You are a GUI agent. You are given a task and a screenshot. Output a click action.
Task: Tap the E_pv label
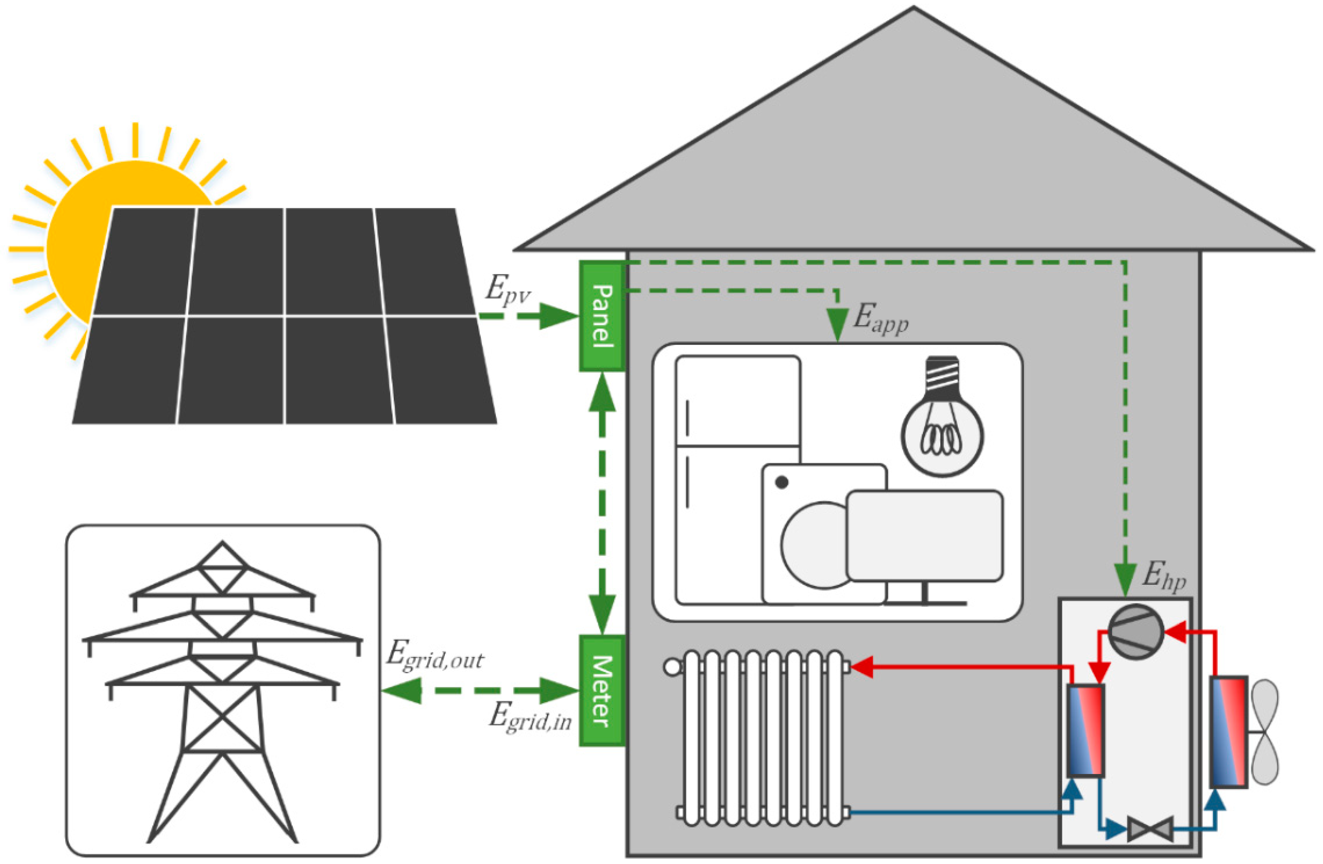[x=507, y=290]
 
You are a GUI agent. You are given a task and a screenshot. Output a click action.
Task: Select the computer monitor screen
[x=925, y=536]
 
